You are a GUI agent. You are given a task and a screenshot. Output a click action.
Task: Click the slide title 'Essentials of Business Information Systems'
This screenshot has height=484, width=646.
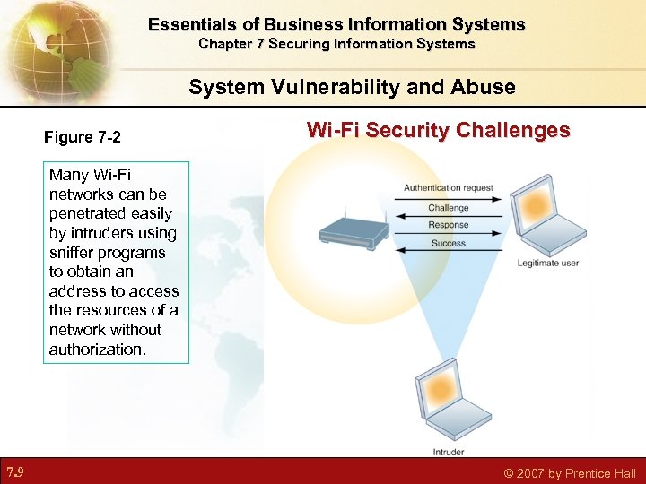(336, 24)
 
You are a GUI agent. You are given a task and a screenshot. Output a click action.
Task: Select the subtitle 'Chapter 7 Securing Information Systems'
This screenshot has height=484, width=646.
(336, 43)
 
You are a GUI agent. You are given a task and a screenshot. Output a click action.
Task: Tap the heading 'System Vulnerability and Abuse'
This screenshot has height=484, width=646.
(352, 87)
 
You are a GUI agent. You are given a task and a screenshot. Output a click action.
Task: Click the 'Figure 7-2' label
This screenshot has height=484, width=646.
(83, 137)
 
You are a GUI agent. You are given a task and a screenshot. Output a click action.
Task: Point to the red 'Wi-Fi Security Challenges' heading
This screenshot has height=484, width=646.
(438, 130)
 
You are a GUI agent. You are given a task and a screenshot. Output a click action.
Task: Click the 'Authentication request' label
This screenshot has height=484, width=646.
(448, 188)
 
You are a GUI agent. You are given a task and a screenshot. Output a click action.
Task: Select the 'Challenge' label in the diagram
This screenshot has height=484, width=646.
(448, 208)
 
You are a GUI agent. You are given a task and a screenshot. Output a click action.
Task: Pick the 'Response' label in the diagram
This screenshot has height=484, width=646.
(448, 225)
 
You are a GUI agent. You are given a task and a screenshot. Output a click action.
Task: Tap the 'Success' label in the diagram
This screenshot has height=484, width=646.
(448, 243)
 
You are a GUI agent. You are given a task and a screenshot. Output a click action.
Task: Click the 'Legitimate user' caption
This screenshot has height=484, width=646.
(549, 264)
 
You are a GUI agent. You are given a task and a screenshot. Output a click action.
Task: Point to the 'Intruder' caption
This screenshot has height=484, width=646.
(449, 452)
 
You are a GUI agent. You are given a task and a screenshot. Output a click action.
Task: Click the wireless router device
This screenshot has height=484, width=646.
(352, 228)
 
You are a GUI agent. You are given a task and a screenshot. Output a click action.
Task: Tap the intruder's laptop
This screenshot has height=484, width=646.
(446, 399)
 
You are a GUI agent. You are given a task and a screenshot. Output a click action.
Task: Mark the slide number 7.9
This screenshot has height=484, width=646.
(14, 471)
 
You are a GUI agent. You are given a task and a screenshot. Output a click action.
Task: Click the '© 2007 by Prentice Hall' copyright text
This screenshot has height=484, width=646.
(570, 472)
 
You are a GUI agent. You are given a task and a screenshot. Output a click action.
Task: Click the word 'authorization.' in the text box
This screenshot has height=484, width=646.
(97, 350)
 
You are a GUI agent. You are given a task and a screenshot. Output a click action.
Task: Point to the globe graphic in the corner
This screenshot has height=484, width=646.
(49, 45)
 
